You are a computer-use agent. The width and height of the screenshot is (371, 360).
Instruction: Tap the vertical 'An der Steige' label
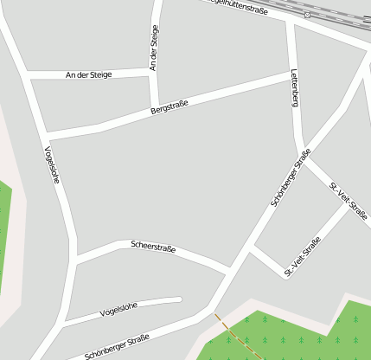click(x=155, y=48)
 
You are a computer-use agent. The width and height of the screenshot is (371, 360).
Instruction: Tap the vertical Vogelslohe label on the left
click(x=52, y=164)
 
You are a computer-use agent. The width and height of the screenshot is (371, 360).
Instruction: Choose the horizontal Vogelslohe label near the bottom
click(x=119, y=309)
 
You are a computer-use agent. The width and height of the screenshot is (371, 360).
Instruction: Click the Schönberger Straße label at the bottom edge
click(x=117, y=346)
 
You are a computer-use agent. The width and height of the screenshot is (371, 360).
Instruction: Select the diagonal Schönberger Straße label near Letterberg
click(x=291, y=177)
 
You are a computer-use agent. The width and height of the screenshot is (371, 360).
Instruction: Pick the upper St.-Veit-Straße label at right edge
click(x=349, y=200)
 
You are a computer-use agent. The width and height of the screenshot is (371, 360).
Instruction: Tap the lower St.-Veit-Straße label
click(x=303, y=257)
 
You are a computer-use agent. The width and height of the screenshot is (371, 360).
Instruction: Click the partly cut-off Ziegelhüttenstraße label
click(x=239, y=6)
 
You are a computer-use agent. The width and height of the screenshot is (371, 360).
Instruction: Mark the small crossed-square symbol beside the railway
click(x=307, y=15)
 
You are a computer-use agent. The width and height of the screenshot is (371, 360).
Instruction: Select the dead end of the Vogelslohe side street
click(x=179, y=300)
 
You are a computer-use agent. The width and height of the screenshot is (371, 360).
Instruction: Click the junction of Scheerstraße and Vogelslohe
click(x=76, y=259)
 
